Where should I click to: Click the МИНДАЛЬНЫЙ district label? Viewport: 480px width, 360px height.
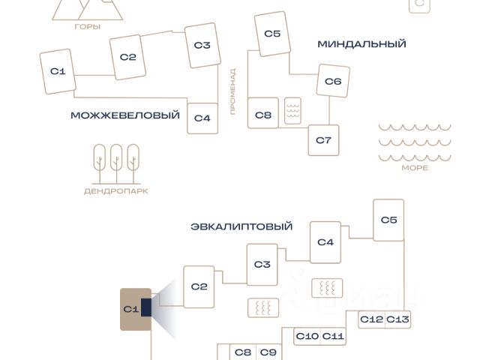[x=361, y=44]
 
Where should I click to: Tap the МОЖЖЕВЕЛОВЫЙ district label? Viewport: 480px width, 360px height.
[x=125, y=115]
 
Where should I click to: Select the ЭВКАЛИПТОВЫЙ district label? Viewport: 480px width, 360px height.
[x=241, y=226]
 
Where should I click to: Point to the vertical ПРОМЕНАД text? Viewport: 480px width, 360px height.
[x=233, y=91]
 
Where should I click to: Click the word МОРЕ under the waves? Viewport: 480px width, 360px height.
[x=415, y=168]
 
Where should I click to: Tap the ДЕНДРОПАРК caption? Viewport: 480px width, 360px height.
[x=116, y=191]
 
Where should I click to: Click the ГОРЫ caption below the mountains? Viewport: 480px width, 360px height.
[x=88, y=27]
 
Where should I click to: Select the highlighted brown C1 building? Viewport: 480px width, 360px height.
[x=136, y=309]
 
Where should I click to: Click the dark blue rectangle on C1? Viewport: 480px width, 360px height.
[x=146, y=307]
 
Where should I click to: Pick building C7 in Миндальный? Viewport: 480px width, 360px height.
[x=323, y=140]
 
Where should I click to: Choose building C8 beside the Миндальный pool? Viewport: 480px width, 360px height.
[x=263, y=113]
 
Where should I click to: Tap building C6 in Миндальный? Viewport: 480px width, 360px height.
[x=333, y=81]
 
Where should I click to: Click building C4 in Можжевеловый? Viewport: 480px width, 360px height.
[x=202, y=118]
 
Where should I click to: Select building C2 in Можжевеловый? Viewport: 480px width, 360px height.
[x=127, y=57]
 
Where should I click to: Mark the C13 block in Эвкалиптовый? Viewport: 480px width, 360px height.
[x=397, y=319]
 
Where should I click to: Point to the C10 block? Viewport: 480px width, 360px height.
[x=307, y=337]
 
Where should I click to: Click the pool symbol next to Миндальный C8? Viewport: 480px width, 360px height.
[x=292, y=111]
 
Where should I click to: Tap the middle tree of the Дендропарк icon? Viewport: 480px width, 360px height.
[x=116, y=163]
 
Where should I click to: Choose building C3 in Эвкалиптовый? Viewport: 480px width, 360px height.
[x=262, y=265]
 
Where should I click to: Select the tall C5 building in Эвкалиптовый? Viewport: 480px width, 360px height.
[x=388, y=220]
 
